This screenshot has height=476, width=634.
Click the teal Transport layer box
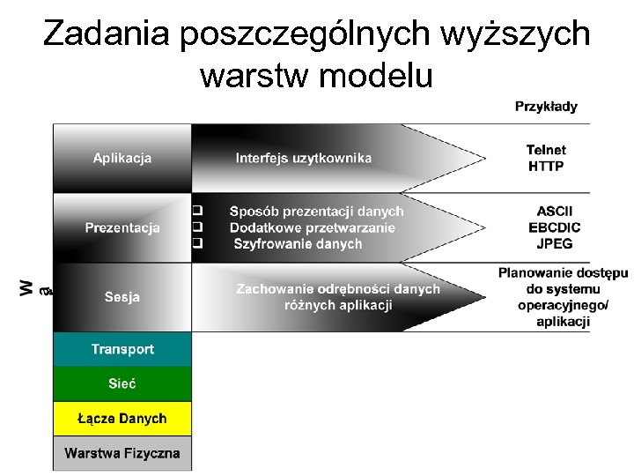(x=122, y=349)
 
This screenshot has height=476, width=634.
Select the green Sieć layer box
(x=122, y=383)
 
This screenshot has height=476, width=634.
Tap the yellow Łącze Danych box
(x=122, y=418)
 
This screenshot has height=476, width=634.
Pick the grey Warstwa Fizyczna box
(x=122, y=453)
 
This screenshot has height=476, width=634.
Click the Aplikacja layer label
(x=122, y=158)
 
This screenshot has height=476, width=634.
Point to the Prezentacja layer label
(x=122, y=227)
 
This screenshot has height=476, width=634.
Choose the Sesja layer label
(x=122, y=297)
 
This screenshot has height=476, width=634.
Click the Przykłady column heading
(x=546, y=107)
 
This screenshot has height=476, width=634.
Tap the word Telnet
(x=546, y=150)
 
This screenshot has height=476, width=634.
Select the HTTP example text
(x=546, y=166)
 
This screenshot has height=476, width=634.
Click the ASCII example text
(x=554, y=212)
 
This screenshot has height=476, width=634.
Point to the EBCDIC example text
(x=554, y=227)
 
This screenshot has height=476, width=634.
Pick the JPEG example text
(x=554, y=243)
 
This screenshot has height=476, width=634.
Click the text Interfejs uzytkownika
(x=304, y=158)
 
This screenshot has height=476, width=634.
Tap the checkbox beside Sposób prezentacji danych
(x=198, y=211)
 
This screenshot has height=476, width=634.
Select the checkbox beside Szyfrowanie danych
(x=198, y=242)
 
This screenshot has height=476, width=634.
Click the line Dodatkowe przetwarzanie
(x=313, y=227)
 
